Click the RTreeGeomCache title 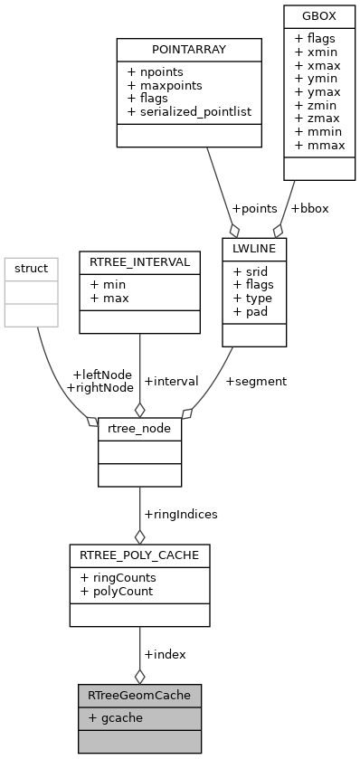(139, 696)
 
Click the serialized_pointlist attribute (190, 111)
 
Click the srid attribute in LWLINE (251, 270)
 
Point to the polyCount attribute (117, 591)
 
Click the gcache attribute (115, 717)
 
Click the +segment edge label (257, 381)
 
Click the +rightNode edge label (100, 387)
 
